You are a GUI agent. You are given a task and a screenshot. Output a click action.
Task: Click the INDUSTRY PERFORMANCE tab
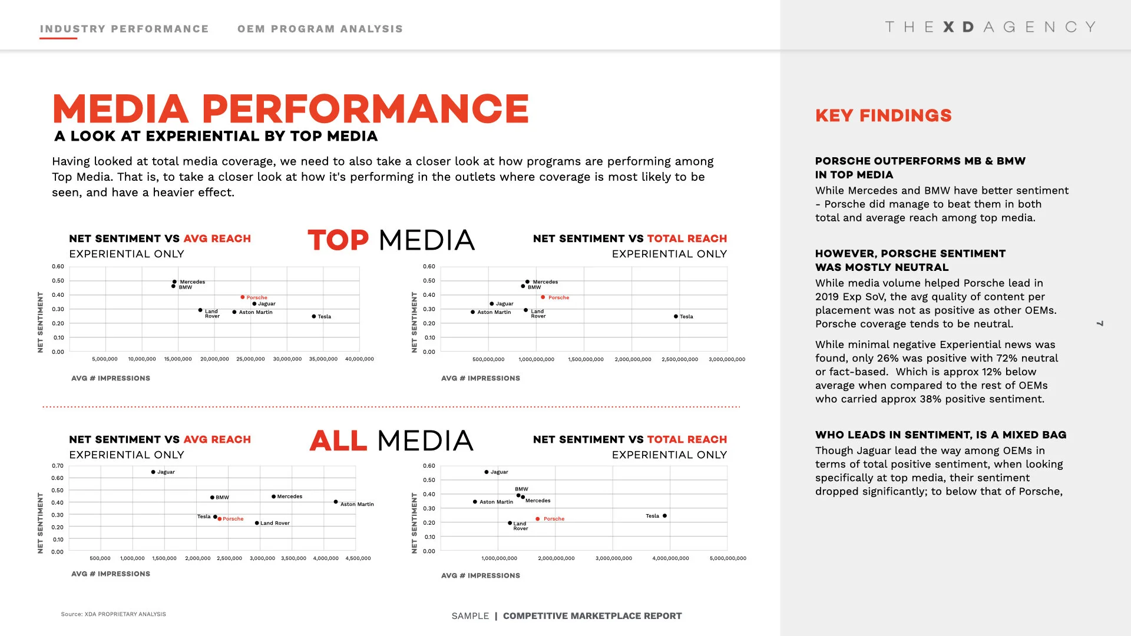[x=124, y=29]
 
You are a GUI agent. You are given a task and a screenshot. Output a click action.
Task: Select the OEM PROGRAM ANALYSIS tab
[x=320, y=29]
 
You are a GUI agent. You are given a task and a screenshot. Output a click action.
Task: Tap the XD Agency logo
[x=990, y=27]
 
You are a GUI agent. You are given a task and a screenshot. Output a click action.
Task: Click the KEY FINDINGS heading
[x=883, y=115]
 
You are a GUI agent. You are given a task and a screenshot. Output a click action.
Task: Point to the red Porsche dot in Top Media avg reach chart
[x=242, y=297]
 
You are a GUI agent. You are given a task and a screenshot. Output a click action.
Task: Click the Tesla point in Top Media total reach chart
[x=676, y=316]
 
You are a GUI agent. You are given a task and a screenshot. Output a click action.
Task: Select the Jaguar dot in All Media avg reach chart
[x=153, y=472]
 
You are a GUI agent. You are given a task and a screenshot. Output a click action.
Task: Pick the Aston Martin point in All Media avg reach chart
[x=336, y=502]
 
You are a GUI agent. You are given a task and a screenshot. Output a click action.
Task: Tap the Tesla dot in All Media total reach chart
[x=665, y=516]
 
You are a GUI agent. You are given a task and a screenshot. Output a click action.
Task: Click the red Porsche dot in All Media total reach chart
[x=538, y=519]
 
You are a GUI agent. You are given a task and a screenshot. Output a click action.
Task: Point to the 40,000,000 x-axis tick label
[x=359, y=359]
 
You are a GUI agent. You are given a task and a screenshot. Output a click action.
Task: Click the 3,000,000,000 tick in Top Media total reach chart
[x=727, y=359]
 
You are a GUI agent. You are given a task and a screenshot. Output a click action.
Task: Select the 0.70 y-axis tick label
[x=57, y=466]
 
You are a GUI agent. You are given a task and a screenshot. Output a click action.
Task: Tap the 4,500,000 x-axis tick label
[x=358, y=558]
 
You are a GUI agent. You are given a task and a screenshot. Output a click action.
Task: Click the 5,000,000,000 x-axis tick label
[x=728, y=558]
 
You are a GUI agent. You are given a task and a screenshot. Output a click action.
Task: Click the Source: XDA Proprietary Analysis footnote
[x=113, y=614]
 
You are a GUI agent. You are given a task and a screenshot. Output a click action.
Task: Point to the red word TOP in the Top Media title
[x=338, y=240]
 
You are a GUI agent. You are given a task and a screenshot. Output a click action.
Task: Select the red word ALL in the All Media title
[x=338, y=441]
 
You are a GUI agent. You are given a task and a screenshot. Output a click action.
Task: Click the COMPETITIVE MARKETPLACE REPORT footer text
[x=592, y=616]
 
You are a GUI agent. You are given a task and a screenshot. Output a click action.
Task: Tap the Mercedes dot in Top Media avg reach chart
[x=174, y=281]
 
